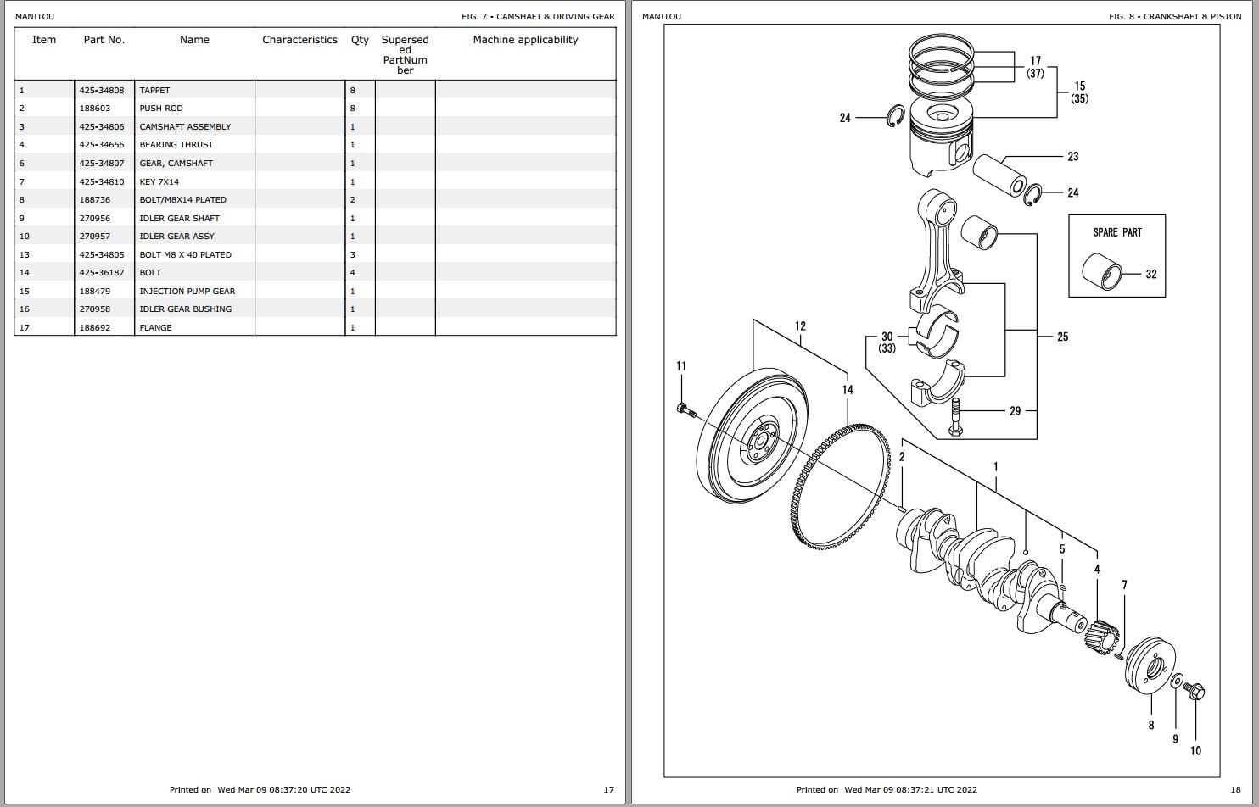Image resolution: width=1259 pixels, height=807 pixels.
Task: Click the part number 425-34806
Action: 102,126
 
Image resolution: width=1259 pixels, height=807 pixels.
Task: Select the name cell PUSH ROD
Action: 161,109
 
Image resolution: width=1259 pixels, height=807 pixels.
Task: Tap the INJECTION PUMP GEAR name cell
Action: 187,291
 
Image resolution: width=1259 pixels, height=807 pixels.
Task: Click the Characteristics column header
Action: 299,40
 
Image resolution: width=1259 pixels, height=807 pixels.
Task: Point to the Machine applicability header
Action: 525,40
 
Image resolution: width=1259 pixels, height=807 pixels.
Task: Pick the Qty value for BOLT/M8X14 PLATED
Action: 353,200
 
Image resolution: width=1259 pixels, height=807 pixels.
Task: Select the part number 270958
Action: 95,309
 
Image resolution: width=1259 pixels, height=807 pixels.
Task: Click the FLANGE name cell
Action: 155,327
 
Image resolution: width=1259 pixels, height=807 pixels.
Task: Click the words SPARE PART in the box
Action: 1117,232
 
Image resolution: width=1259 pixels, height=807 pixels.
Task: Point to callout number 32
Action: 1151,274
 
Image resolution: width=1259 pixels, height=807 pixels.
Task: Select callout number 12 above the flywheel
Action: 800,326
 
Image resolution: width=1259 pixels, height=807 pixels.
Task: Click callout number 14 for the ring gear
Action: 848,390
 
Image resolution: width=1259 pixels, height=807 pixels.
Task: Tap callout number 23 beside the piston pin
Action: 1073,157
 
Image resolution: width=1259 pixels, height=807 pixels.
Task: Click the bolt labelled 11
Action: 685,411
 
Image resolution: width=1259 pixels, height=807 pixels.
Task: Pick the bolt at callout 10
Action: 1195,692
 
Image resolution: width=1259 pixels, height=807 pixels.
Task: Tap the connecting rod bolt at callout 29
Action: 956,417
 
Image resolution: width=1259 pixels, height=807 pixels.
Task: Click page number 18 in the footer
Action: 1235,790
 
